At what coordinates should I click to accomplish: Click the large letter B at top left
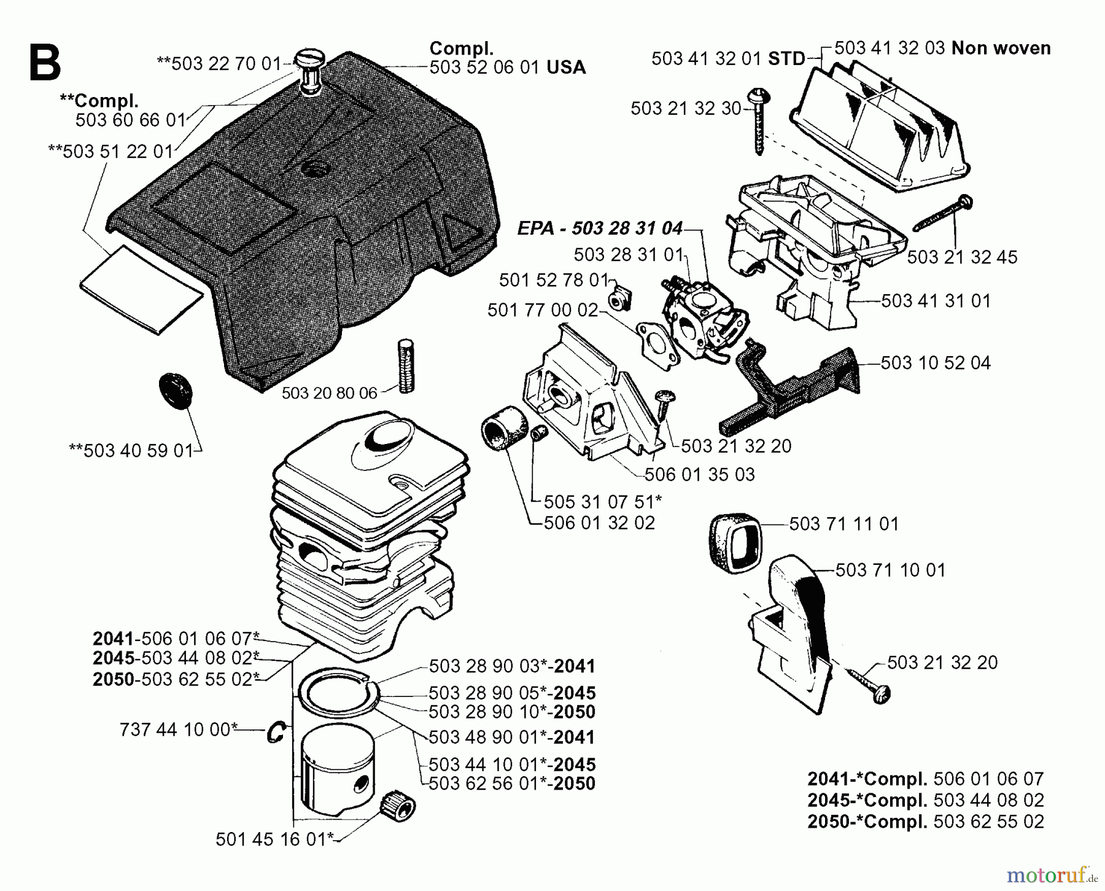44,64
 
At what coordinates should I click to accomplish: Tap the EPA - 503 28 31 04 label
600,228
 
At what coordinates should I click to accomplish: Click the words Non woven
1001,48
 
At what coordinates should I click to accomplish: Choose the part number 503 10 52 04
936,363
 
